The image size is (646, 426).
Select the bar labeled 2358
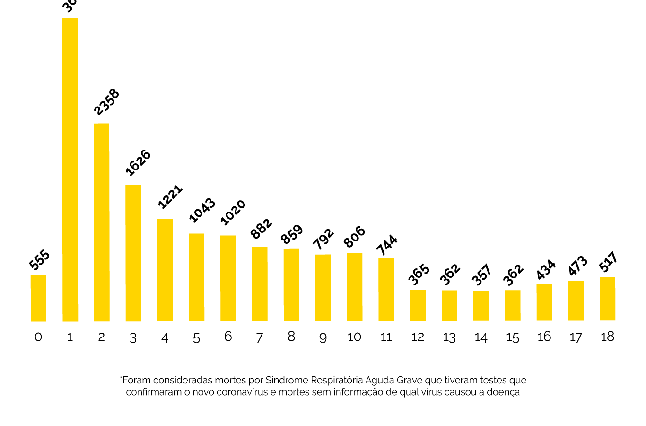click(x=102, y=222)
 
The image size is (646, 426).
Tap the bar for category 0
click(x=38, y=298)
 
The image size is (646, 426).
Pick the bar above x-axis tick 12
click(x=418, y=305)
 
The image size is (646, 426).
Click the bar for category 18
click(x=607, y=299)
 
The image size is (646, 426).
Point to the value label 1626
click(x=138, y=163)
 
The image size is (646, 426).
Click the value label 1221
click(x=170, y=197)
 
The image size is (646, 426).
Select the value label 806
click(x=355, y=237)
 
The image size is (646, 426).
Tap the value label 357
click(x=482, y=275)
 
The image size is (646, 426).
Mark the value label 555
click(x=40, y=260)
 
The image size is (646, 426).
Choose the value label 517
click(x=608, y=262)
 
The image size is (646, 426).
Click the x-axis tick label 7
click(x=260, y=337)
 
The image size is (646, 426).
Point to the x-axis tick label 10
click(x=354, y=337)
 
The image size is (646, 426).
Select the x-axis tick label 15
click(x=513, y=337)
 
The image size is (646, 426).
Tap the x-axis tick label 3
click(x=133, y=337)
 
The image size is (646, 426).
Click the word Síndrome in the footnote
click(x=286, y=380)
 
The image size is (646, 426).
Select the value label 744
click(x=387, y=245)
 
